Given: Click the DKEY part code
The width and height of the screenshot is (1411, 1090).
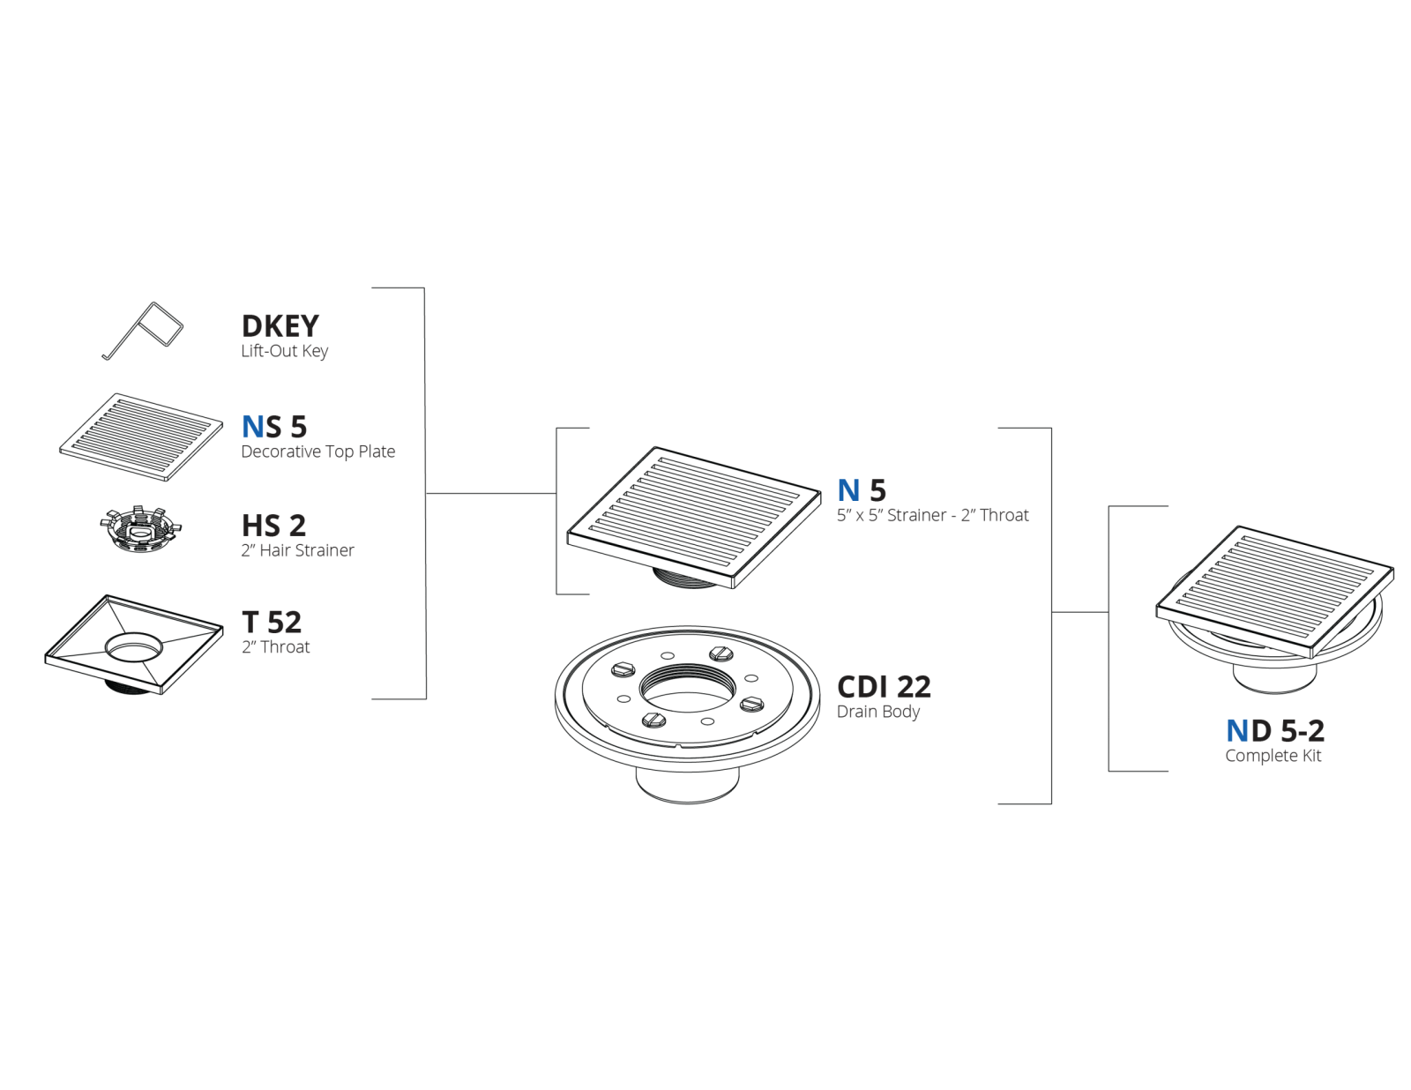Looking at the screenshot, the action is click(x=280, y=326).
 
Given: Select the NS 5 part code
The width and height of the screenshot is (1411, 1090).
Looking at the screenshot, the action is click(x=274, y=427).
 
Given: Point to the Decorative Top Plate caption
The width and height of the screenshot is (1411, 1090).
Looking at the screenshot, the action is click(x=317, y=452).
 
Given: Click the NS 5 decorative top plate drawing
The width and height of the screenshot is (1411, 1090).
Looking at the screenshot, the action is click(x=141, y=437).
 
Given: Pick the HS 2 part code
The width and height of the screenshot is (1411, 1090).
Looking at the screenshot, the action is click(x=273, y=526).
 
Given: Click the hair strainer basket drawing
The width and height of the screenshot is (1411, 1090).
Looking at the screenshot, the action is click(x=141, y=529).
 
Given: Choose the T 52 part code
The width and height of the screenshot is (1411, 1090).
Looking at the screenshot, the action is click(x=272, y=622).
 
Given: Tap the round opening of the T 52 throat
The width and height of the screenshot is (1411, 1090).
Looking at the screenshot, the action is click(x=133, y=646).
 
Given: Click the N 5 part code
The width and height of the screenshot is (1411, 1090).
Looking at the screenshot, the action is click(x=862, y=490).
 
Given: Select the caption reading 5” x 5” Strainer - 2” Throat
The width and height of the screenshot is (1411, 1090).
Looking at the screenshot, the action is click(x=932, y=515).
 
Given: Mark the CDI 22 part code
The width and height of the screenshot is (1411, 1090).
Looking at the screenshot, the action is click(x=884, y=686).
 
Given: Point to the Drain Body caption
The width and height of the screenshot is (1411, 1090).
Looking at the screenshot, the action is click(x=877, y=712).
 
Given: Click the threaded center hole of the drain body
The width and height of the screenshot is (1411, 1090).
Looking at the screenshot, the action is click(x=688, y=689).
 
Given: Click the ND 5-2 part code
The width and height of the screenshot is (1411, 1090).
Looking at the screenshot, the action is click(x=1274, y=731).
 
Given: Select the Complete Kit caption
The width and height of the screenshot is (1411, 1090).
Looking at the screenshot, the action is click(x=1273, y=756).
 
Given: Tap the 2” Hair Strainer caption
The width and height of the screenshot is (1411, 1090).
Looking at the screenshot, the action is click(x=297, y=550).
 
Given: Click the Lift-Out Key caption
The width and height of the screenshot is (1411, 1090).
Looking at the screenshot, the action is click(x=285, y=351).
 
